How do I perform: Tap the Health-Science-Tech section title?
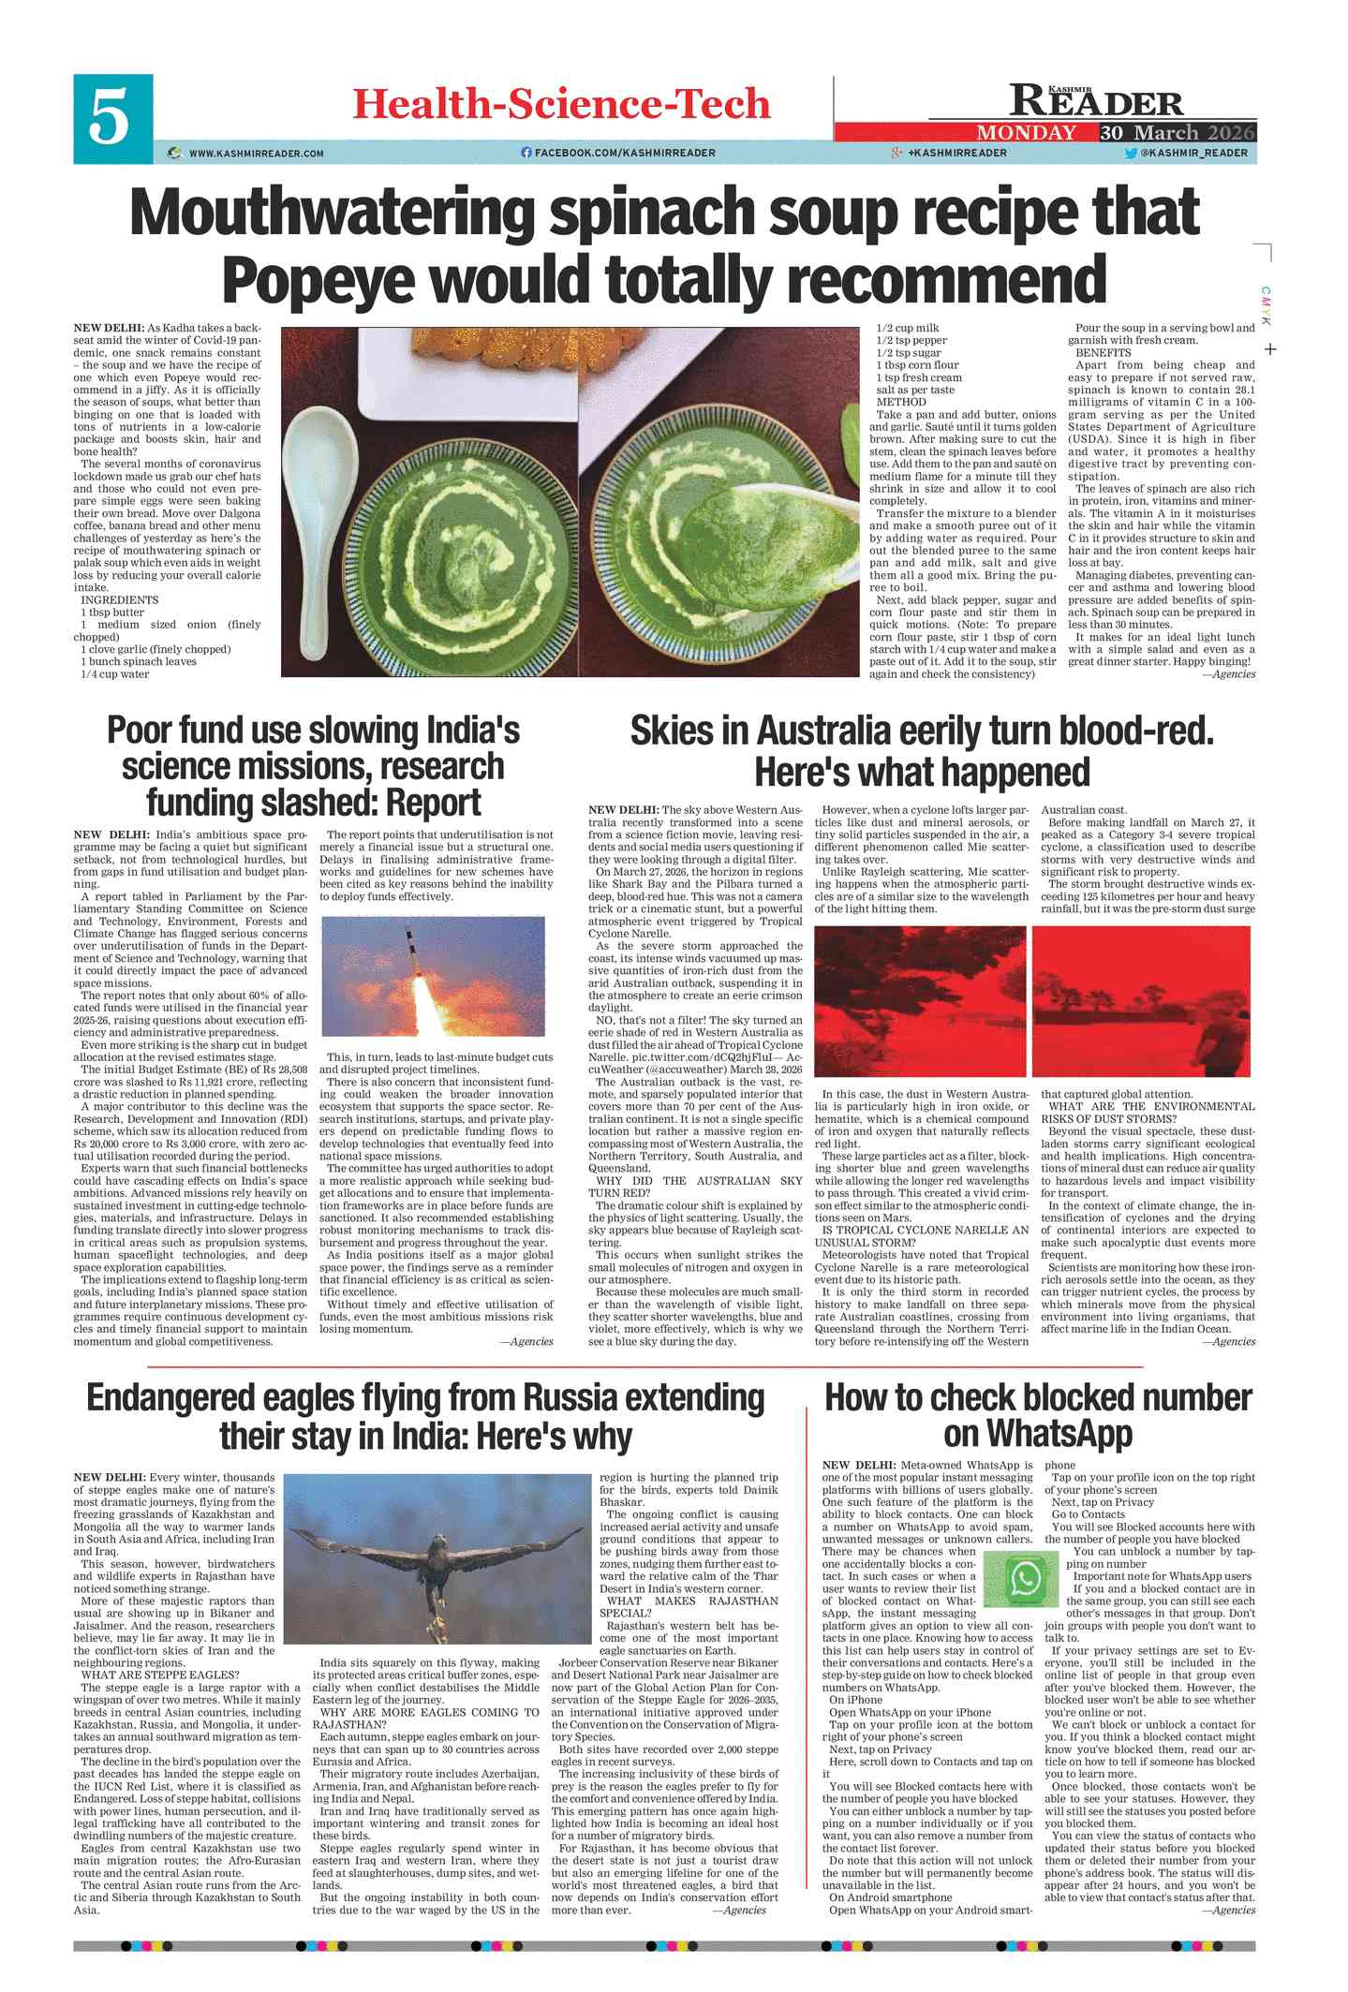pos(561,104)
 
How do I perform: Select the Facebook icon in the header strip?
pos(526,153)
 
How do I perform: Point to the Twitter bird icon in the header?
pos(1130,153)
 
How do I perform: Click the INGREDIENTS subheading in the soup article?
pos(120,600)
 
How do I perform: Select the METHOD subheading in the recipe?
pos(900,402)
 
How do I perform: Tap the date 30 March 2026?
pos(1178,133)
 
